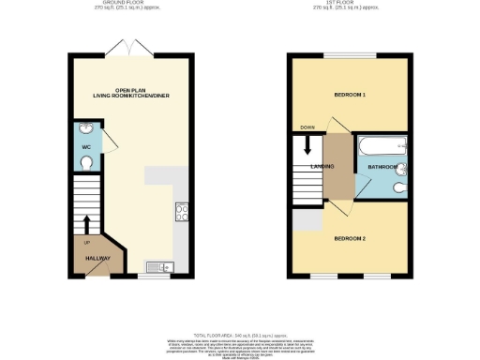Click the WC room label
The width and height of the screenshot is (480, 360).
[85, 146]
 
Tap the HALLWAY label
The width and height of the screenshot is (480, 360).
[87, 259]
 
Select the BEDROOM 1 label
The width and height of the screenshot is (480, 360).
[350, 96]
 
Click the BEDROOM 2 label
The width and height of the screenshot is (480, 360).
[350, 238]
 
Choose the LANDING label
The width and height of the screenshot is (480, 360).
[309, 168]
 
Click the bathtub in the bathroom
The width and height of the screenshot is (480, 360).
[381, 146]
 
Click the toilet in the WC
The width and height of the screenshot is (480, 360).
[85, 163]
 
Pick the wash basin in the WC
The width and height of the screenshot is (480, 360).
[85, 130]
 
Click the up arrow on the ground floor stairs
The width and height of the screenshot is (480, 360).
[86, 224]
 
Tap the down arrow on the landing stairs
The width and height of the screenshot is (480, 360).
[307, 145]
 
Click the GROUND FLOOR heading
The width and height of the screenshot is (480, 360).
[131, 4]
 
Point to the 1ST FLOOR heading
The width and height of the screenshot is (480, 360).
[350, 4]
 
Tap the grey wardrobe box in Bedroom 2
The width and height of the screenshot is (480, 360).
[306, 221]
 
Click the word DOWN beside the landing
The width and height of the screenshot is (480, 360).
[307, 127]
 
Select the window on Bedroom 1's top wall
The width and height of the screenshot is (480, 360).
[350, 56]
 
